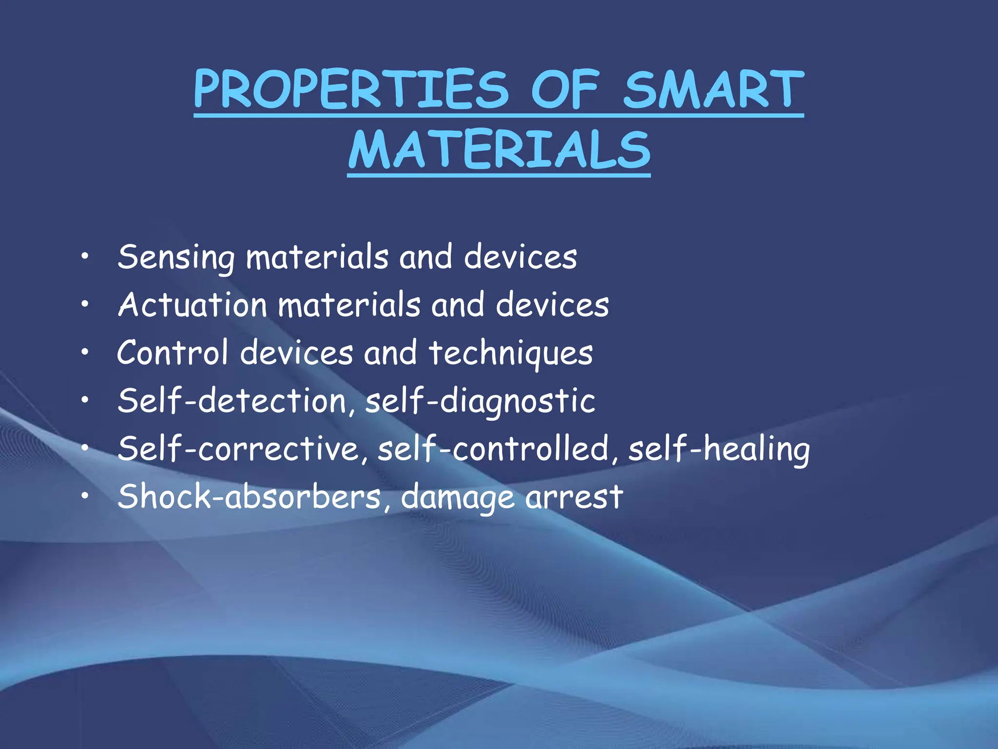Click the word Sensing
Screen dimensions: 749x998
(176, 257)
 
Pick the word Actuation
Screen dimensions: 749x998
(192, 305)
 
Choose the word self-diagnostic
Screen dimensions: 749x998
(480, 401)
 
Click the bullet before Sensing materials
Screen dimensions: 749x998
(85, 256)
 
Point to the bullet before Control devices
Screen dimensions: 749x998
(85, 352)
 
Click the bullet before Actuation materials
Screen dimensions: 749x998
(85, 304)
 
